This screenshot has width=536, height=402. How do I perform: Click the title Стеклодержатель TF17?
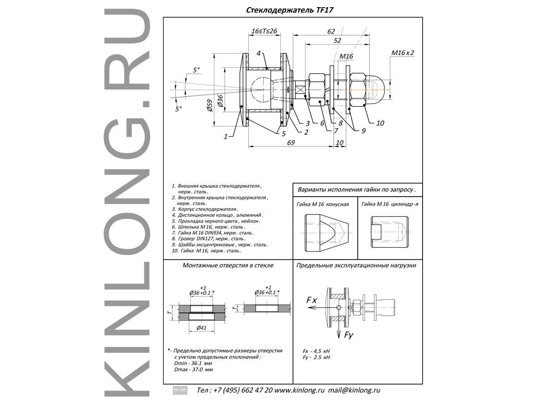click(x=290, y=9)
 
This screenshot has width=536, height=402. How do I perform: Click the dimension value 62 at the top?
click(x=331, y=31)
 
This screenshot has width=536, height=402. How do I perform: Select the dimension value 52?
click(x=337, y=40)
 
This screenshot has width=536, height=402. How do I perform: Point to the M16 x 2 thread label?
click(x=402, y=53)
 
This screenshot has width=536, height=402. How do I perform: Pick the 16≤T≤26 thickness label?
click(x=264, y=31)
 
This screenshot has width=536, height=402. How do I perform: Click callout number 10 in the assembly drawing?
click(x=380, y=123)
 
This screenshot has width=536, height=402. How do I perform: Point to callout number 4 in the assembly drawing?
click(x=258, y=54)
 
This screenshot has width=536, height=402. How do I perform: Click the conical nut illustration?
click(x=326, y=233)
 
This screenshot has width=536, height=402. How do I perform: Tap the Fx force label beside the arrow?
click(x=311, y=301)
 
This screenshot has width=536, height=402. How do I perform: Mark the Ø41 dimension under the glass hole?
click(x=201, y=327)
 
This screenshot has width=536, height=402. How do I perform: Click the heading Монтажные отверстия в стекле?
click(x=228, y=265)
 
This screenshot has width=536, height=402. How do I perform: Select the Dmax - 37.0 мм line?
click(x=193, y=370)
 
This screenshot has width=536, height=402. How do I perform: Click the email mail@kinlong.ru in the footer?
click(x=354, y=390)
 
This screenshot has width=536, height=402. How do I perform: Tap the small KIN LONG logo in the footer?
click(x=180, y=390)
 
